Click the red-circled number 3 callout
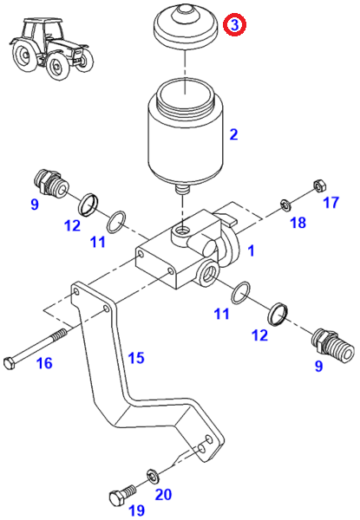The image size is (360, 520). coord(234,25)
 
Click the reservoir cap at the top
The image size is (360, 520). coord(186,26)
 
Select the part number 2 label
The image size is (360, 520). coord(234,134)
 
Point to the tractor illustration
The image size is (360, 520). coord(51,49)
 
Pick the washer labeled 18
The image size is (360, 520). coord(285,205)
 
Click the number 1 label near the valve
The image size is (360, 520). coord(252,250)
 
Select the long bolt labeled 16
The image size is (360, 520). coord(36,348)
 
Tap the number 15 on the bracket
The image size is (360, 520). coord(136,358)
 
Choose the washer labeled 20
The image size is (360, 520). coord(153,476)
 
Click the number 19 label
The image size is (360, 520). coord(136,510)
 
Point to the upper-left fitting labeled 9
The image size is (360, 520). coord(51,183)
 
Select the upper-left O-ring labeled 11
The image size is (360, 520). coord(116,222)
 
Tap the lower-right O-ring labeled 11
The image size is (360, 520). coord(241,293)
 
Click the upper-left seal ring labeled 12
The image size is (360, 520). coord(89,205)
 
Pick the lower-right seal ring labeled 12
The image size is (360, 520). coord(278,314)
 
